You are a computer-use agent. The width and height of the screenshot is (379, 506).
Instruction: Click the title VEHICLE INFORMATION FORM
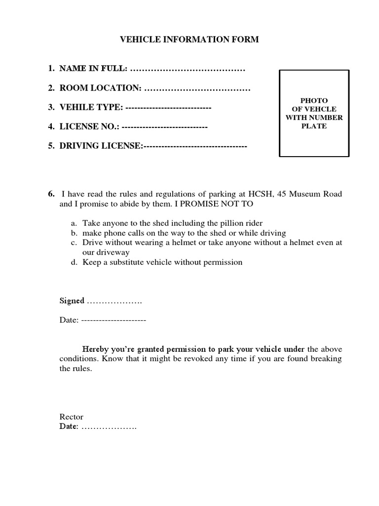point(189,40)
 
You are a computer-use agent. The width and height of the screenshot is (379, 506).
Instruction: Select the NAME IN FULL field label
point(93,68)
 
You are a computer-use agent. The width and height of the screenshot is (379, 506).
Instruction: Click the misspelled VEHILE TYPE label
point(91,107)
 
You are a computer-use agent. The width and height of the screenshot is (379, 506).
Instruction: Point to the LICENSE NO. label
point(89,126)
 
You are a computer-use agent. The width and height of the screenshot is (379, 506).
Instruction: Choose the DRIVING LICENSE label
point(101,146)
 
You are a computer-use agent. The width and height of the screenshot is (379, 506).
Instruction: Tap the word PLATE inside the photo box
point(314,126)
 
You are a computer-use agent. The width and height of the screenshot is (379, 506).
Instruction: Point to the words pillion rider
point(242,223)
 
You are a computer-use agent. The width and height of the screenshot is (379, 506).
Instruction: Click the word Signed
point(72,300)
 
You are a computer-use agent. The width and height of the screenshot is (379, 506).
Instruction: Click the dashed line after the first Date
point(114,320)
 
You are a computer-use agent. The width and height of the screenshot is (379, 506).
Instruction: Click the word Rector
point(72,417)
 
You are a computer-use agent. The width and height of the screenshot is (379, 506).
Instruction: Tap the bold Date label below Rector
point(69,426)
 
